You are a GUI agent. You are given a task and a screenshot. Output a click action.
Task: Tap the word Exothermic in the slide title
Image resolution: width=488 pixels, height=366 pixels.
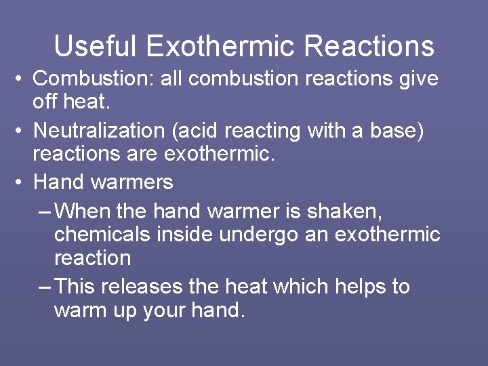(x=220, y=47)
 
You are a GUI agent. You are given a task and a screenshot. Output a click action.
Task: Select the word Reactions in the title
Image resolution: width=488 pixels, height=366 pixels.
(x=369, y=47)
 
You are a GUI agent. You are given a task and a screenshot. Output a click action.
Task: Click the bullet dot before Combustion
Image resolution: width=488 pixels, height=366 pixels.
(x=21, y=79)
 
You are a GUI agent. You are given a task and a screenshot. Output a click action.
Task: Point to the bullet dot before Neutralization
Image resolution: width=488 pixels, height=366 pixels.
(x=21, y=131)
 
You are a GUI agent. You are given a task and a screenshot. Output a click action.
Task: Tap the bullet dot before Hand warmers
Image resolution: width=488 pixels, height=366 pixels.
(x=21, y=182)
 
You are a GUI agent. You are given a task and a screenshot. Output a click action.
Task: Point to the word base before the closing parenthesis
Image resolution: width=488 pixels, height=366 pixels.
(x=394, y=130)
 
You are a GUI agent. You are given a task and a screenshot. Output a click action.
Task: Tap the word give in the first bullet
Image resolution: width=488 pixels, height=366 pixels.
(x=419, y=79)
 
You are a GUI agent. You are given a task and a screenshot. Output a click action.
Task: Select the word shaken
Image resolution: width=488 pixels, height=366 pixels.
(x=344, y=211)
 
